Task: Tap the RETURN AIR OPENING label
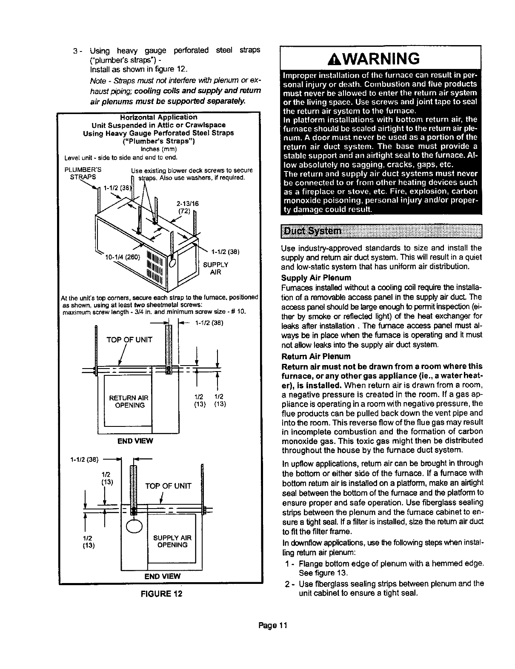[x=129, y=401]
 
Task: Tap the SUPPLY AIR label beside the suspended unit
[x=216, y=268]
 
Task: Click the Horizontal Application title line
[x=159, y=117]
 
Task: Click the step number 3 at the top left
[x=75, y=52]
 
